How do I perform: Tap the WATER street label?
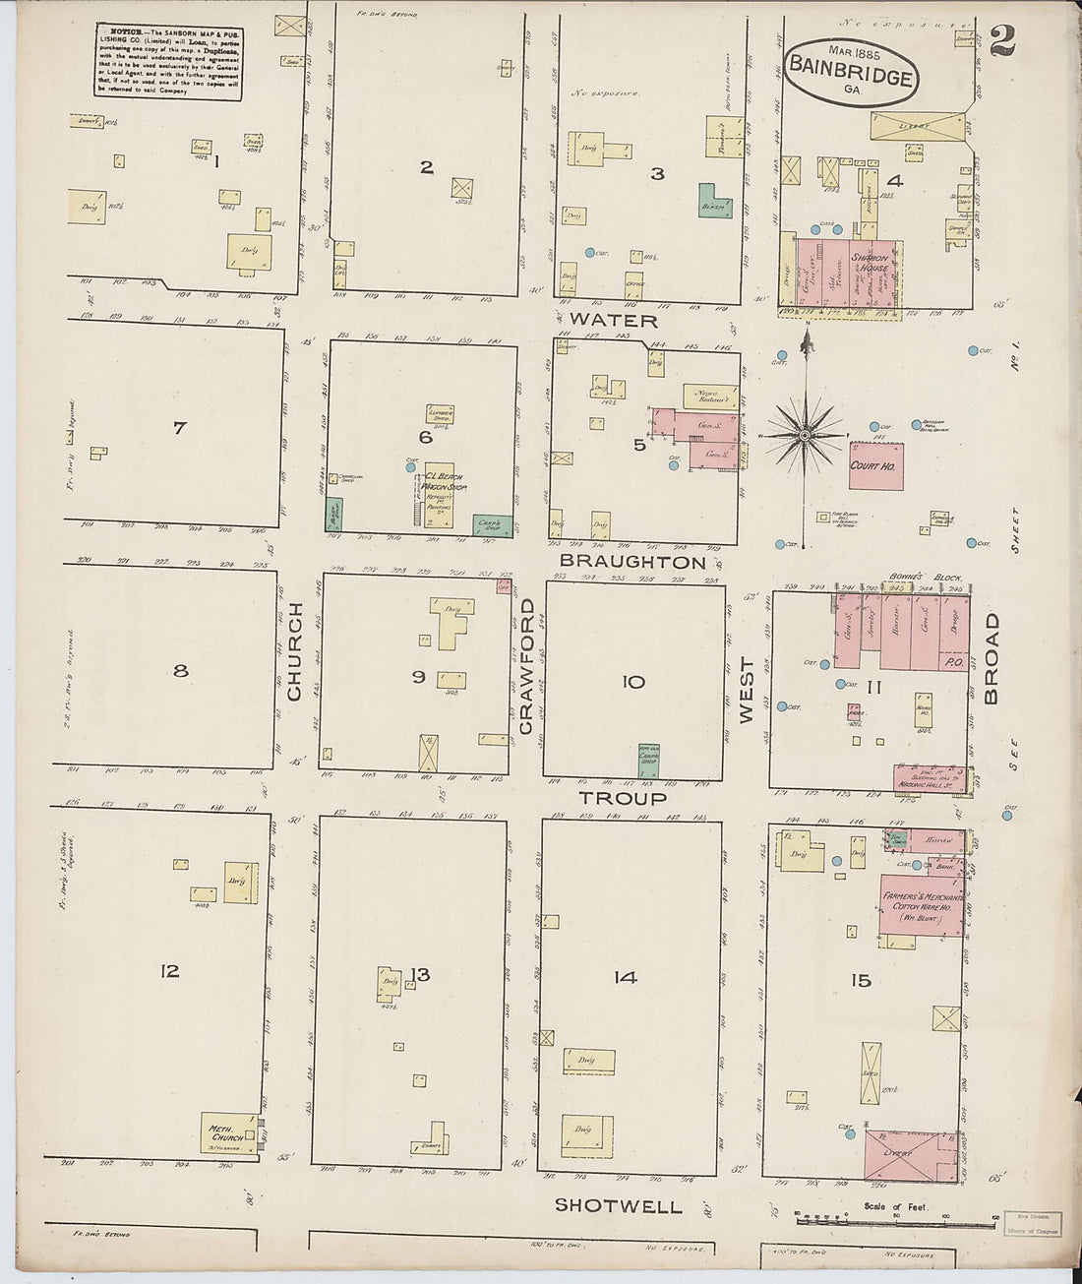(613, 321)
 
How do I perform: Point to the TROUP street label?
(622, 798)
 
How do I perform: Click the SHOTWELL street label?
(618, 1205)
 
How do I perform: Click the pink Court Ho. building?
(875, 465)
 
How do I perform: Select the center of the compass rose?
(805, 434)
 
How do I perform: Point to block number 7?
(179, 428)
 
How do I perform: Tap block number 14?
(626, 977)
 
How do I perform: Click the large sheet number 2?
(1002, 40)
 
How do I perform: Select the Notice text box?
(169, 62)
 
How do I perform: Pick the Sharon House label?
(871, 263)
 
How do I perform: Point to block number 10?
(633, 682)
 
